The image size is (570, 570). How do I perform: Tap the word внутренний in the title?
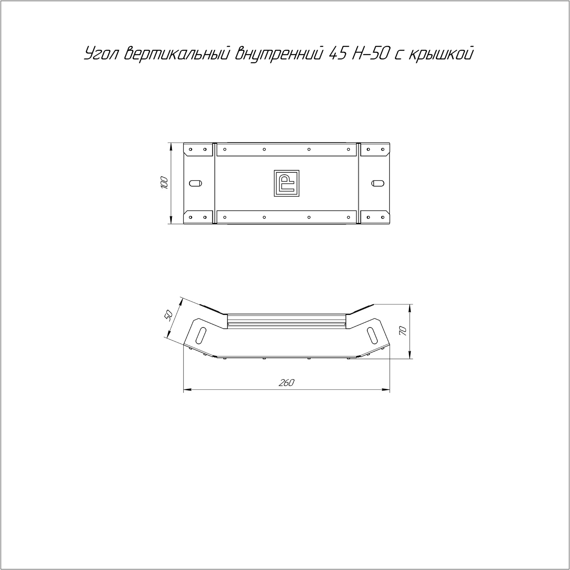279,54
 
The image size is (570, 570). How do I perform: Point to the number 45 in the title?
337,54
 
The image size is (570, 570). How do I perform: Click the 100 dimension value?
164,182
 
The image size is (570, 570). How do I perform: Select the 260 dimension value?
287,383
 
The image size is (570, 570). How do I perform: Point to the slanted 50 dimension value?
169,315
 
